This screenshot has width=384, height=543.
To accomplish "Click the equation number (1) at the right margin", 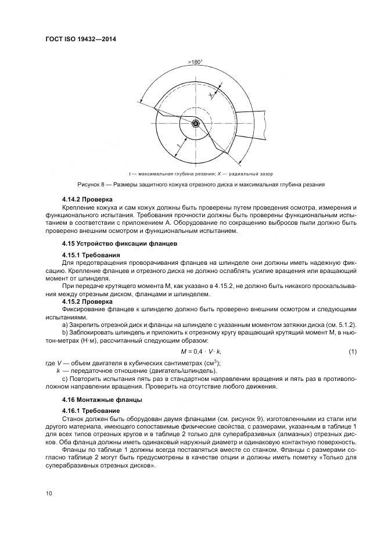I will coord(352,353).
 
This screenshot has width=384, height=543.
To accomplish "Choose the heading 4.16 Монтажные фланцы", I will coord(98,400).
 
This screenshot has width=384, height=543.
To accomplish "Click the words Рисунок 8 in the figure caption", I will coord(73,184).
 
